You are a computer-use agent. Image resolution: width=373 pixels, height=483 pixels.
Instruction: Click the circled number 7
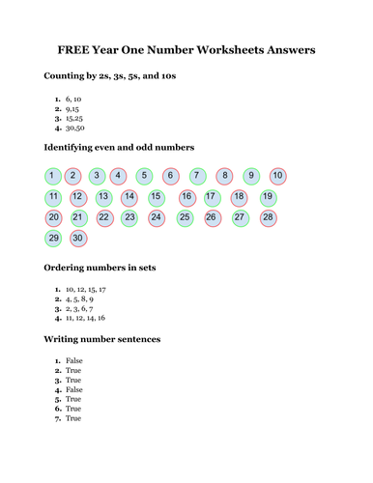tap(197, 176)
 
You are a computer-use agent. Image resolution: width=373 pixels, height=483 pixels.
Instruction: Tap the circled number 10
tap(277, 176)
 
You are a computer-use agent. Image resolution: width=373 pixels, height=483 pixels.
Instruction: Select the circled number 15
tap(156, 197)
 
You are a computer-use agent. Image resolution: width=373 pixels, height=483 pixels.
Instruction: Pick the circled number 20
tap(54, 217)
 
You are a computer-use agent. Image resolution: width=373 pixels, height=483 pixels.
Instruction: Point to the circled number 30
tap(78, 238)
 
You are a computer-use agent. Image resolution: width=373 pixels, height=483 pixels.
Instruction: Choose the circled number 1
tap(53, 176)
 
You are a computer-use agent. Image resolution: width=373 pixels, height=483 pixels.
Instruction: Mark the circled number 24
tap(156, 217)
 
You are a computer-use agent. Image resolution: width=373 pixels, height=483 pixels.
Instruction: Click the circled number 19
tap(267, 197)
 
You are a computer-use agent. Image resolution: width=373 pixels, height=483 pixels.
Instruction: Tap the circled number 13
tap(103, 197)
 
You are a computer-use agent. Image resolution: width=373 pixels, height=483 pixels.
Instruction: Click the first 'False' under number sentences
tap(75, 360)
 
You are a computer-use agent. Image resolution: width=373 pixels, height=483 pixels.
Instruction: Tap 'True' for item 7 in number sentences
tap(74, 418)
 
